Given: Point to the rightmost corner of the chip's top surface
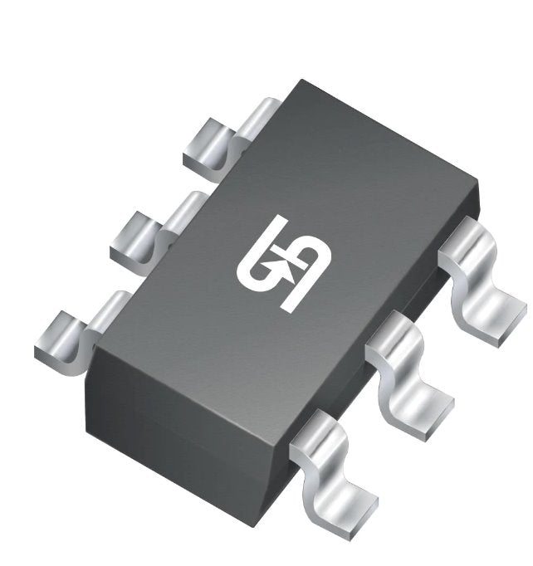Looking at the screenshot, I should click(x=479, y=178).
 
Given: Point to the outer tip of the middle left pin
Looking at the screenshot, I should click(x=120, y=245).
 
